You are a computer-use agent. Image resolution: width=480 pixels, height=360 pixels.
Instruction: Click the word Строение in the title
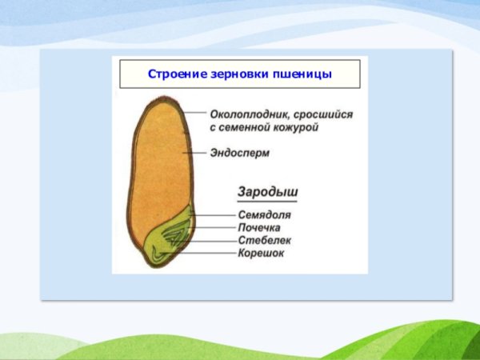pyautogui.click(x=174, y=74)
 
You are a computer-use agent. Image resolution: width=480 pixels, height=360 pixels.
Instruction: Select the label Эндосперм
pyautogui.click(x=241, y=151)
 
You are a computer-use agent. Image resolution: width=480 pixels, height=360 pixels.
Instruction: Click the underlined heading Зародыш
pyautogui.click(x=268, y=193)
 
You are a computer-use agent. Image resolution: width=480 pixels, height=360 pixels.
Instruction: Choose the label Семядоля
pyautogui.click(x=264, y=214)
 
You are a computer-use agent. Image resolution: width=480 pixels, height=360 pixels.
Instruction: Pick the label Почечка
pyautogui.click(x=259, y=227)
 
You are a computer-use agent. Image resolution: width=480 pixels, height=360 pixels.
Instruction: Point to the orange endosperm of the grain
pyautogui.click(x=160, y=160)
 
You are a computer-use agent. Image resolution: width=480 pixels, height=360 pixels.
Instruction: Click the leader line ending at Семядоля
pyautogui.click(x=214, y=214)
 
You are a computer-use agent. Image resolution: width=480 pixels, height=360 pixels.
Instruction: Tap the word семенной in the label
pyautogui.click(x=247, y=127)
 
